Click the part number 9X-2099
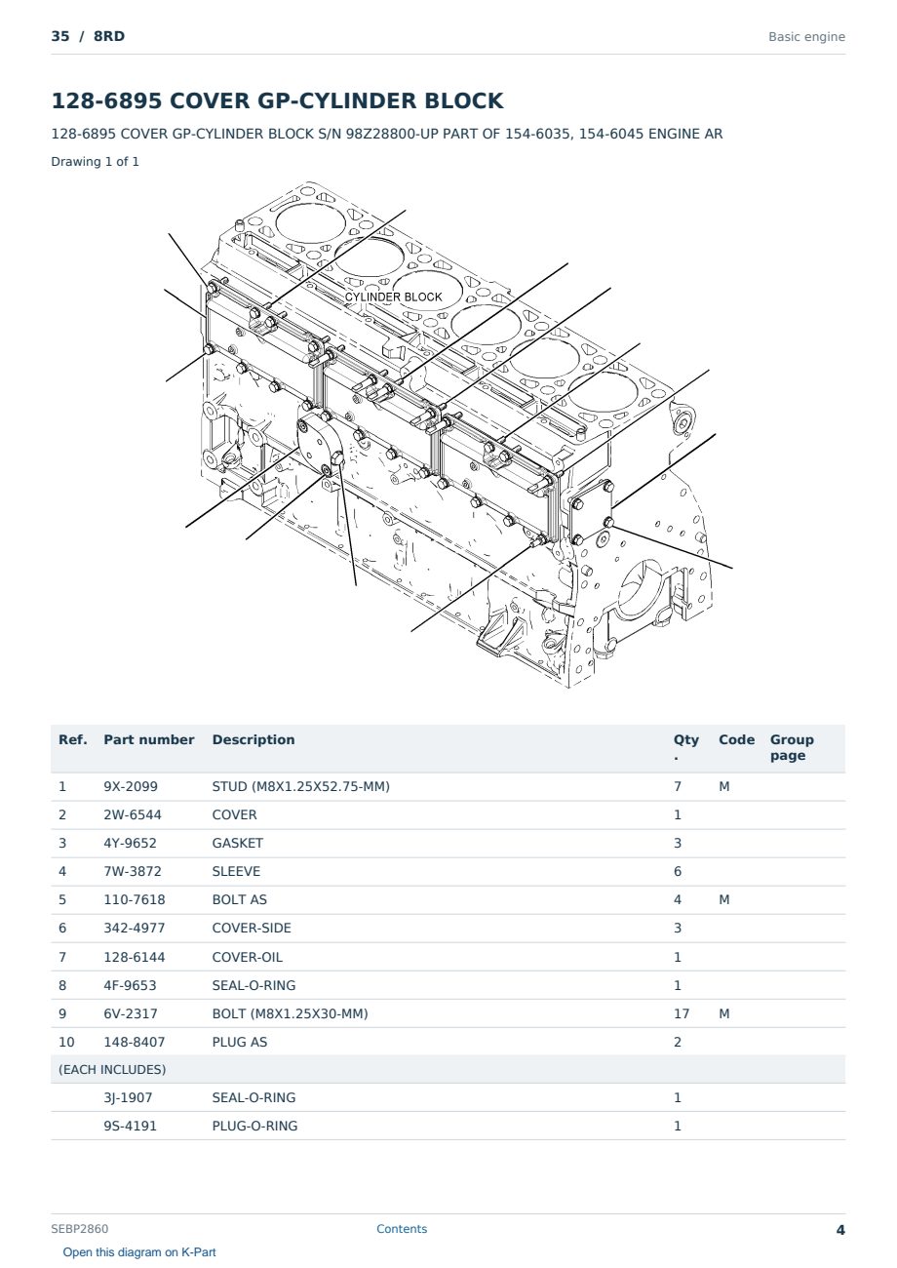pos(131,786)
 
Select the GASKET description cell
pos(237,843)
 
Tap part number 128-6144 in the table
pos(135,957)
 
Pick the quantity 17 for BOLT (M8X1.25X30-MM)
pos(682,1013)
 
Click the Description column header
pos(253,739)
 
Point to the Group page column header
pos(792,747)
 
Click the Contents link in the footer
pos(402,1228)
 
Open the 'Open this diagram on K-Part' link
pos(139,1251)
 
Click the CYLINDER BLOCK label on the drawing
pos(393,297)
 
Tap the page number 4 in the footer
pos(840,1230)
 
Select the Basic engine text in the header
pos(806,37)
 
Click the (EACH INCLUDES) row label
pos(112,1069)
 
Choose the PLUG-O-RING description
pos(254,1126)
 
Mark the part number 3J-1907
pos(128,1097)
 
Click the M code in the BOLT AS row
pos(723,899)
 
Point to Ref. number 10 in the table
pos(66,1042)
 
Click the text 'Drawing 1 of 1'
pos(96,161)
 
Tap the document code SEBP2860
pos(79,1228)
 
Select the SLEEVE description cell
pos(236,871)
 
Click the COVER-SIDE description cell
pos(252,928)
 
